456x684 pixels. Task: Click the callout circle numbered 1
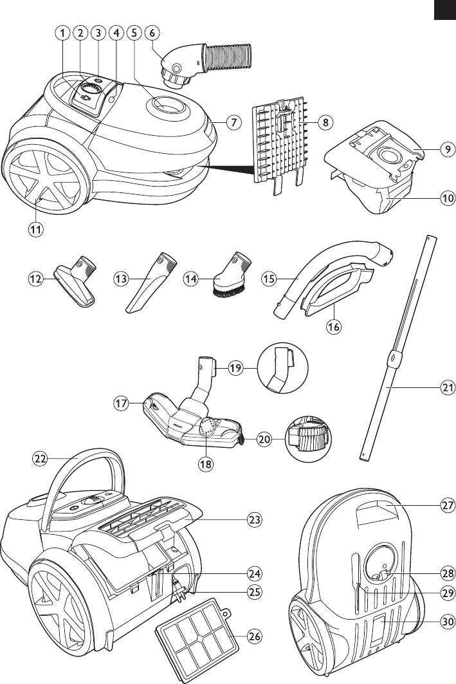coord(62,33)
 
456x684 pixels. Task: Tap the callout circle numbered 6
coord(153,33)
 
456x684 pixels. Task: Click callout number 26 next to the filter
coord(255,637)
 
